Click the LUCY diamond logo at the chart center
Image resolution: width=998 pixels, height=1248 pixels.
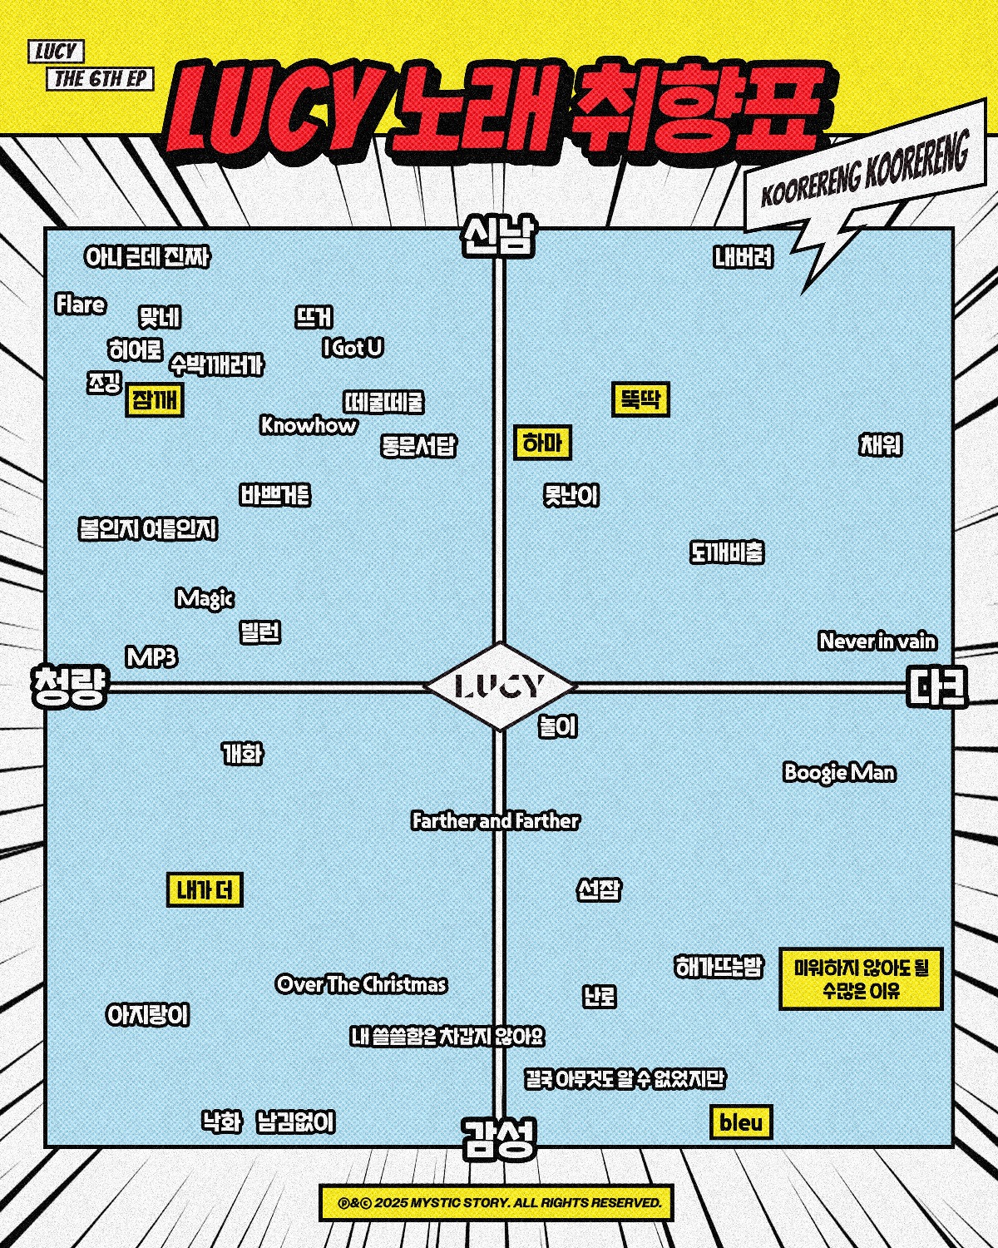click(x=500, y=686)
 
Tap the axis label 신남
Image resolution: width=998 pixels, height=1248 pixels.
click(x=499, y=237)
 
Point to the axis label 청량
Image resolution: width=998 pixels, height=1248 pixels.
click(x=70, y=686)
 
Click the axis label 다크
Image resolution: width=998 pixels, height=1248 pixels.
click(x=937, y=686)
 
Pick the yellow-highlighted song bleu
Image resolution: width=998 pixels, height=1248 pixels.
click(x=741, y=1122)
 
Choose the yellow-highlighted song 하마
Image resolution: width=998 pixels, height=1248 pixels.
click(x=542, y=443)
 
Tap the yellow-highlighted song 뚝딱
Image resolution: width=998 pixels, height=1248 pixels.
click(x=640, y=400)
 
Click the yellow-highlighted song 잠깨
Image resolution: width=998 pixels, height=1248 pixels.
click(x=155, y=400)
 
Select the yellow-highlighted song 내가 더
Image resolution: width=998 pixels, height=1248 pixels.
click(x=205, y=890)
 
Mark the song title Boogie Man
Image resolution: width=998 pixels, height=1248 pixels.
click(x=839, y=772)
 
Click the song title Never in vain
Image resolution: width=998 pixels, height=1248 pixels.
click(x=877, y=641)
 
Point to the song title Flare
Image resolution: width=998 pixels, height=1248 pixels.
click(x=81, y=305)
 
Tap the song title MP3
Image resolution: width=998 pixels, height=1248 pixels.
click(x=151, y=657)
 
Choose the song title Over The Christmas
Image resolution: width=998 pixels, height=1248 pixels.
click(x=361, y=984)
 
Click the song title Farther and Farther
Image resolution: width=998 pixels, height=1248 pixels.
click(x=496, y=821)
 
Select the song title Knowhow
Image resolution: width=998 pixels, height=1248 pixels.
click(x=309, y=425)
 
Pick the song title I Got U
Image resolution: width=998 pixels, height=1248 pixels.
click(x=353, y=348)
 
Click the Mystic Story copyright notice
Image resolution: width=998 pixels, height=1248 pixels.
click(x=496, y=1203)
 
